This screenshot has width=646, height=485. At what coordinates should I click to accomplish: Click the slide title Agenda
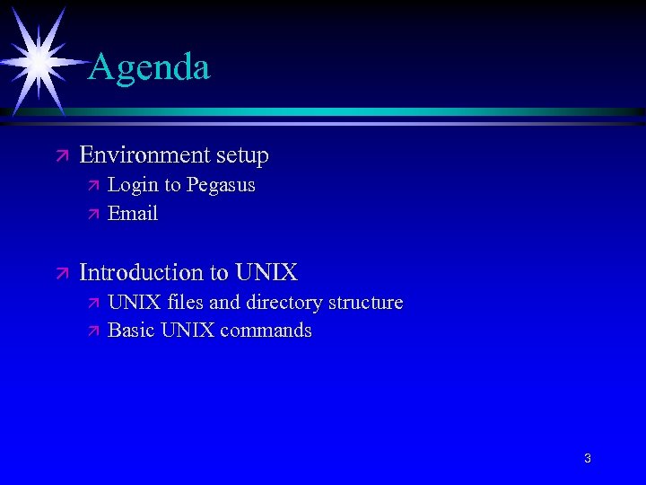[x=150, y=67]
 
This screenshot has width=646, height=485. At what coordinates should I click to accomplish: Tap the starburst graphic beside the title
[x=39, y=60]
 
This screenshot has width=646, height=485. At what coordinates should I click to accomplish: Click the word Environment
[x=144, y=155]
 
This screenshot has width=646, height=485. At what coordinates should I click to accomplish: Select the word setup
[x=241, y=156]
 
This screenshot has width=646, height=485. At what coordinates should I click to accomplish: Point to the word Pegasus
[x=221, y=186]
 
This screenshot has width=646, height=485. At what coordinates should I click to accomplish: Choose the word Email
[x=133, y=214]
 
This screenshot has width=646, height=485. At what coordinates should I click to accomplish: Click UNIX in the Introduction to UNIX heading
[x=266, y=272]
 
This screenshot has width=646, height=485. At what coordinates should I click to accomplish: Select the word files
[x=185, y=303]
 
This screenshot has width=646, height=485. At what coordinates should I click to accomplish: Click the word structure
[x=365, y=303]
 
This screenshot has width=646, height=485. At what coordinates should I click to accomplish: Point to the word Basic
[x=132, y=331]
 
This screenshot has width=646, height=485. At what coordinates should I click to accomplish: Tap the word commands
[x=266, y=331]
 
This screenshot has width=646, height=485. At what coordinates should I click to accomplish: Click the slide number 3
[x=588, y=459]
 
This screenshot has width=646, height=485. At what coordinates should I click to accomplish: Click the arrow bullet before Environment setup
[x=61, y=156]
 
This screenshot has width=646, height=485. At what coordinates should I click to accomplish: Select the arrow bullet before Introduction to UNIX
[x=61, y=273]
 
